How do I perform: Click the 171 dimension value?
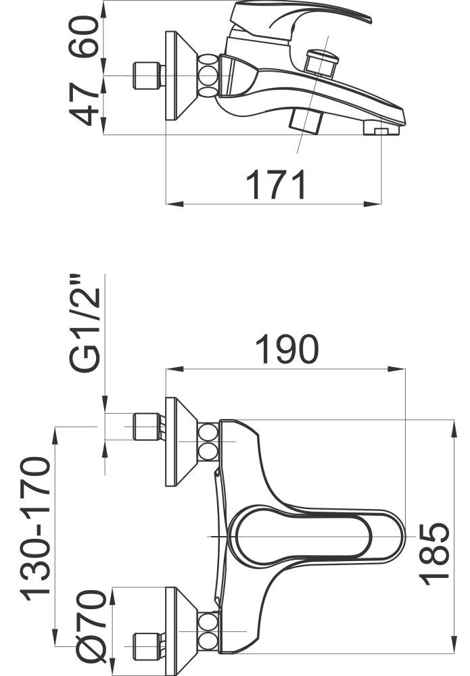click(x=275, y=185)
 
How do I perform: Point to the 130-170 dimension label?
click(x=35, y=529)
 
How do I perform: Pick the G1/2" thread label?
click(x=85, y=322)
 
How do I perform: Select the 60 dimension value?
click(x=84, y=37)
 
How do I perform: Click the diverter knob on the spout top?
click(x=321, y=63)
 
